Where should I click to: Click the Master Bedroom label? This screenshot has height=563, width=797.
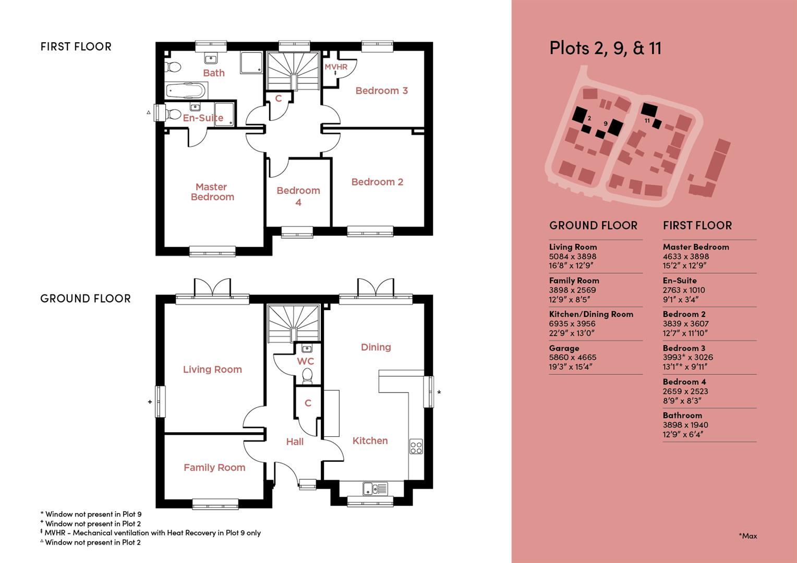(212, 192)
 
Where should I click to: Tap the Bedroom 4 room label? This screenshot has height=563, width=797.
(298, 196)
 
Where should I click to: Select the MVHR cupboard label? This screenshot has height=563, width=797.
(336, 67)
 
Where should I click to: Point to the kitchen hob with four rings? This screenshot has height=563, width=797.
(416, 447)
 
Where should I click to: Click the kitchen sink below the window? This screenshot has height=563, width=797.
(375, 488)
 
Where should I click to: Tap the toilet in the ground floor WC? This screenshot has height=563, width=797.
(307, 376)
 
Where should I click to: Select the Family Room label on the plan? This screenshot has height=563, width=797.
(214, 468)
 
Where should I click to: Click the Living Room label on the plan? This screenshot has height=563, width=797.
(212, 370)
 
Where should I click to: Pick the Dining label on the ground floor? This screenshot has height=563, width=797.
(376, 347)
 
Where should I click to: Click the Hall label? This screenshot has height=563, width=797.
(295, 442)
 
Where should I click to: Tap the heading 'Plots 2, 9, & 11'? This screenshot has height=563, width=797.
(605, 48)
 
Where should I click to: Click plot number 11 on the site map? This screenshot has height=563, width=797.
(647, 120)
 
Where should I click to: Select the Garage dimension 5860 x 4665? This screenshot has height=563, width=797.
(572, 358)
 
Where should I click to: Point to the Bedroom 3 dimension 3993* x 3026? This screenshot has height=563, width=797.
(687, 358)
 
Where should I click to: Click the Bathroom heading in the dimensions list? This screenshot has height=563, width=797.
(682, 415)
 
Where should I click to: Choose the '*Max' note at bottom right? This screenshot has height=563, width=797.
(747, 536)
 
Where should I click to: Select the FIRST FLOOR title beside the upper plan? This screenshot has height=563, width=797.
(76, 47)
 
